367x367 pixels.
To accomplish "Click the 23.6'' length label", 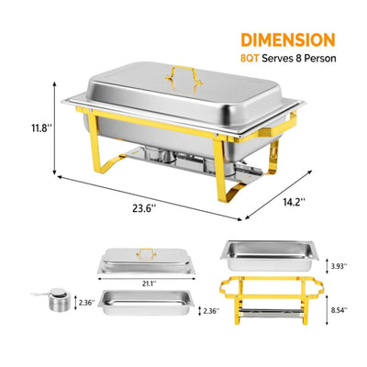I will pos(144,207).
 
